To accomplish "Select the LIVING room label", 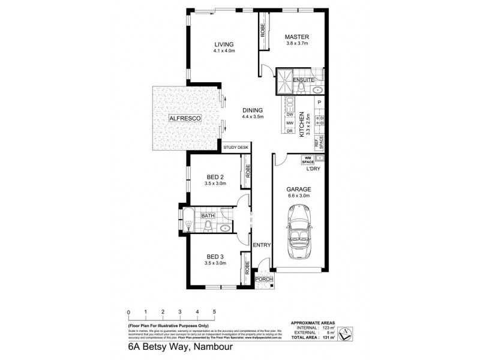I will [223, 44].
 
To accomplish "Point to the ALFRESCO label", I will [184, 119].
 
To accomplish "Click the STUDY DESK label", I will [235, 148].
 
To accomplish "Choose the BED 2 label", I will [215, 176].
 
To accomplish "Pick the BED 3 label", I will [215, 256].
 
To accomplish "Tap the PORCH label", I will [263, 280].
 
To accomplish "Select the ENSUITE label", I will [304, 80].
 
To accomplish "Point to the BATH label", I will [208, 216].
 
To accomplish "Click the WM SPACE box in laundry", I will [308, 160].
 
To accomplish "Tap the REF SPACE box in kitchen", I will [321, 142].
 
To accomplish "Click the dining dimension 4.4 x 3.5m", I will [253, 118].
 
